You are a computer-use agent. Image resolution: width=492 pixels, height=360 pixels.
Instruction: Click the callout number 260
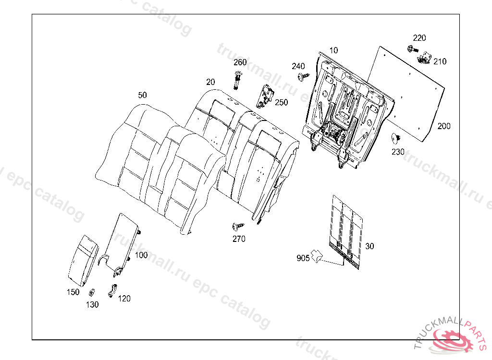(x=240, y=62)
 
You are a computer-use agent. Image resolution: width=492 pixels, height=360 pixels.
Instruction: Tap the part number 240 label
(x=298, y=66)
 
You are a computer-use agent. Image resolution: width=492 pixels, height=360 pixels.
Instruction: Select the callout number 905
(x=303, y=258)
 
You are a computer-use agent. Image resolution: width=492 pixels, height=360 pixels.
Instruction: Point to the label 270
(x=239, y=239)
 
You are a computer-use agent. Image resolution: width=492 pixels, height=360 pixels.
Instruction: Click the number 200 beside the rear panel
(x=444, y=126)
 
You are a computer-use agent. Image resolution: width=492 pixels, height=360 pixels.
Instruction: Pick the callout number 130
(x=92, y=304)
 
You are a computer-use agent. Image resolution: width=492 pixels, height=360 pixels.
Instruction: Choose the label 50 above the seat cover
(x=142, y=95)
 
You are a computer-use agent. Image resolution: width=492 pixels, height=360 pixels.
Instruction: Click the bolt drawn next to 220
(x=411, y=48)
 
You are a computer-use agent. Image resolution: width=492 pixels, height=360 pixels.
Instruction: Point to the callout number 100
(x=141, y=255)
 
